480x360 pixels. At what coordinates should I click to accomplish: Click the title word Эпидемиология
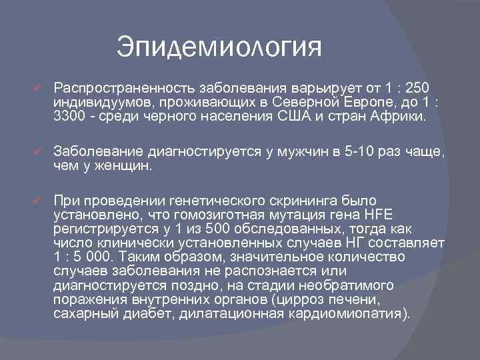[x=219, y=47]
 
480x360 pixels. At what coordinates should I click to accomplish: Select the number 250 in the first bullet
[x=417, y=89]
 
